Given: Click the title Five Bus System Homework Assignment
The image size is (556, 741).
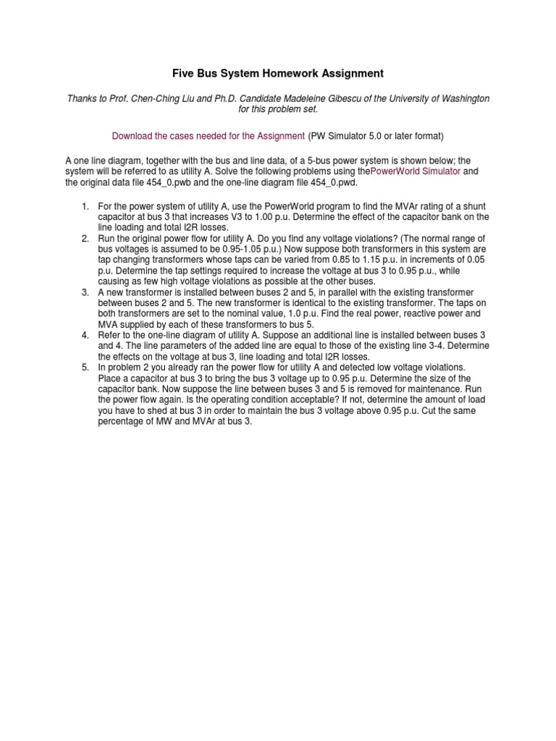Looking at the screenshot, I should [277, 73].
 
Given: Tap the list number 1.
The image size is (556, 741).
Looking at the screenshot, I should [85, 208].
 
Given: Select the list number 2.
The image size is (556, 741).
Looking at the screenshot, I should [85, 238].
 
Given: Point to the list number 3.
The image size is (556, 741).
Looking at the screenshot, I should [85, 292].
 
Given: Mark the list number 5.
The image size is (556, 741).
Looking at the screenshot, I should [85, 368].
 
